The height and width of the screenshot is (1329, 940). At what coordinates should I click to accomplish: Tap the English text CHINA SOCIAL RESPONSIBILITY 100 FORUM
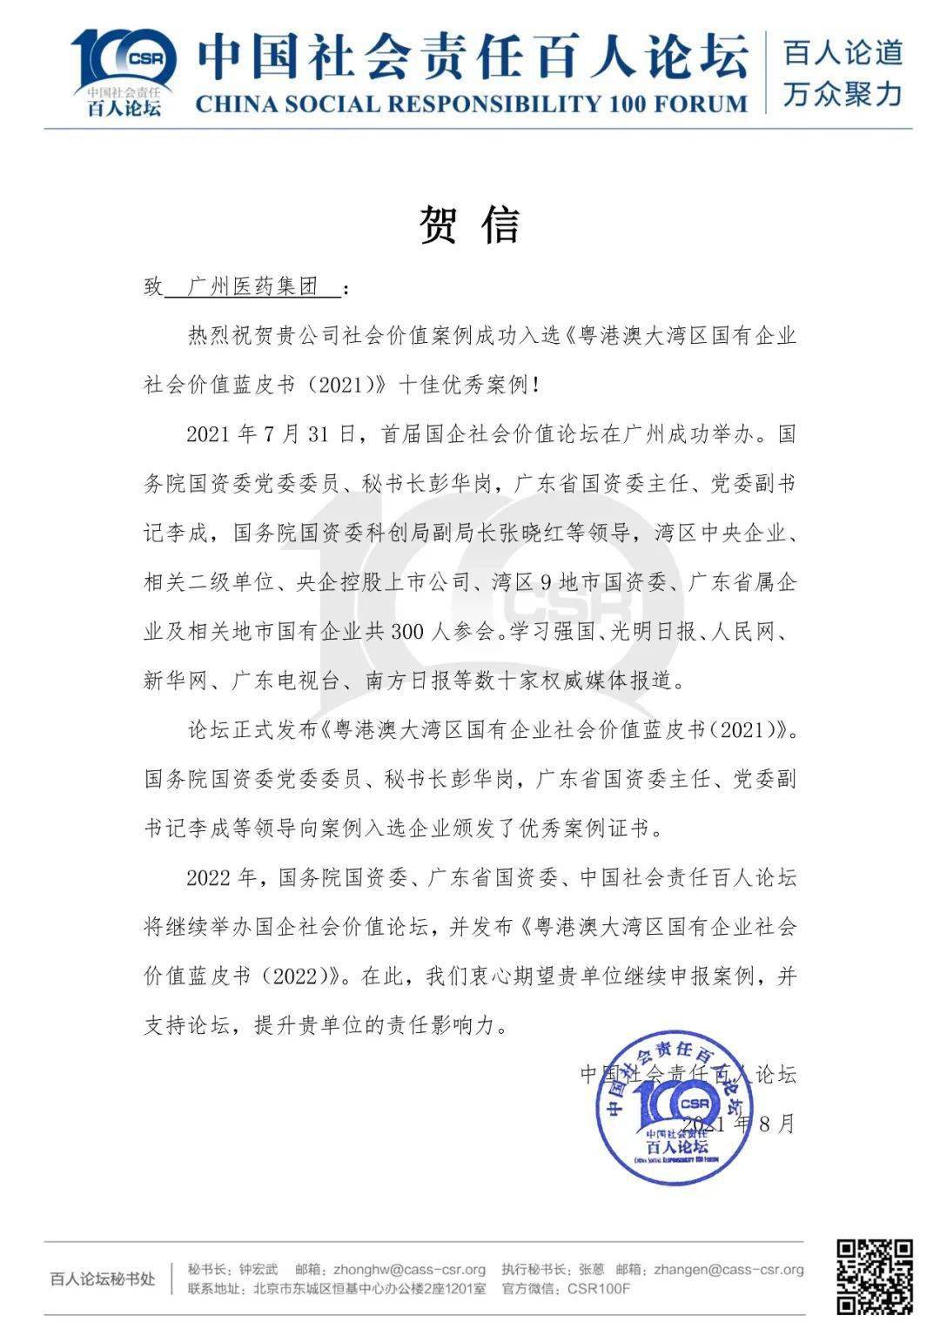click(471, 104)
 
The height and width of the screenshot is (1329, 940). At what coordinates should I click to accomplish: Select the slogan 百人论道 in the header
click(843, 53)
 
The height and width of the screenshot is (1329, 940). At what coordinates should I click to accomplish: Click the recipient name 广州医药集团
click(253, 287)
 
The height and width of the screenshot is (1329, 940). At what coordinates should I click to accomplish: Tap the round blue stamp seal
click(675, 1106)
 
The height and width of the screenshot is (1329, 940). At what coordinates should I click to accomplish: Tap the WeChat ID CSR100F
click(599, 1289)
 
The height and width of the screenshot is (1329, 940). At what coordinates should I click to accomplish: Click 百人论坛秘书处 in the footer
click(103, 1279)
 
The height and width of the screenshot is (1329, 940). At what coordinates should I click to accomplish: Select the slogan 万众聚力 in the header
click(843, 93)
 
